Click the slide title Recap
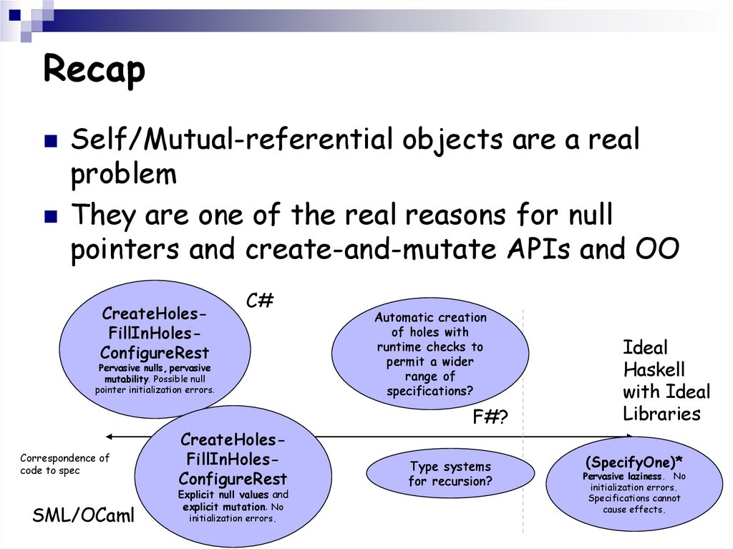coord(94,70)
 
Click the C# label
coord(260,301)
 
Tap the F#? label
coord(490,417)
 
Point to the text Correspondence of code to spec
coord(64,464)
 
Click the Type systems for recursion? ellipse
coord(450,474)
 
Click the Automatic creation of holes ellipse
coord(430,354)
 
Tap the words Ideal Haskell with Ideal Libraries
coord(666,381)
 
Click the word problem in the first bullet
coord(123,174)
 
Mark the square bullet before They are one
coord(50,216)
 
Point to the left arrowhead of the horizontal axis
coord(107,435)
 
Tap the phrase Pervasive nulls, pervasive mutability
coord(155,373)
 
